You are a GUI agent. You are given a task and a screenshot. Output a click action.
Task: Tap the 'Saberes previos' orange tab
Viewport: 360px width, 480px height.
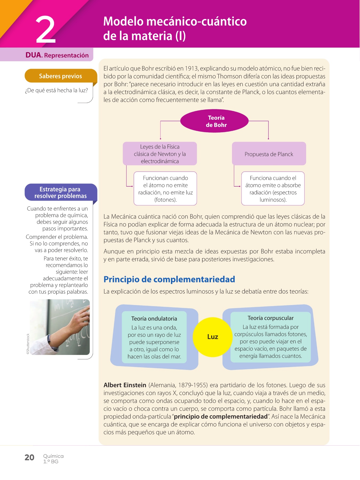pyautogui.click(x=61, y=76)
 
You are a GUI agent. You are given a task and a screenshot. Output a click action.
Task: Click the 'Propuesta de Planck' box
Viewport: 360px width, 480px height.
pyautogui.click(x=269, y=154)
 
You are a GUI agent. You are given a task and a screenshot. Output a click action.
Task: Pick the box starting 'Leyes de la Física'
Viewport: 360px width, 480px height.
pyautogui.click(x=160, y=154)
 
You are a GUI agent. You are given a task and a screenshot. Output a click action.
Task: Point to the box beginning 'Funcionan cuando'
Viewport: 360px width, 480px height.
pyautogui.click(x=165, y=189)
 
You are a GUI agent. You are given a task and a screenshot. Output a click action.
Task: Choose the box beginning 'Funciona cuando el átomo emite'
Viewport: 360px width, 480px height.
pyautogui.click(x=273, y=189)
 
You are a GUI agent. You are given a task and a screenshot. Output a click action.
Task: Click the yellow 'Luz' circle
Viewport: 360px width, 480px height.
pyautogui.click(x=213, y=337)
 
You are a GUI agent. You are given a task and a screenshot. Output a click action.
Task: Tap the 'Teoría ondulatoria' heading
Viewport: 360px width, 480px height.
pyautogui.click(x=154, y=318)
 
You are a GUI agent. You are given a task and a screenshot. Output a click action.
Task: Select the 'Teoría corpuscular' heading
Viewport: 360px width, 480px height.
pyautogui.click(x=270, y=318)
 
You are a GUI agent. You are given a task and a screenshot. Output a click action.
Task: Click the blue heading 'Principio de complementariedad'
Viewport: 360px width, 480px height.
pyautogui.click(x=169, y=279)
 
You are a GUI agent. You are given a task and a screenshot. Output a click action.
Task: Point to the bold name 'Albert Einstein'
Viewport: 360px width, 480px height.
pyautogui.click(x=125, y=385)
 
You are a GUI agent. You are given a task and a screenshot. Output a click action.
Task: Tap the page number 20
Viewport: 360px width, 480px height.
pyautogui.click(x=29, y=458)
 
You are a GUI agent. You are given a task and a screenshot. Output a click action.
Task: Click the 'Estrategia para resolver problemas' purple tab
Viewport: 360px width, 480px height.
pyautogui.click(x=61, y=192)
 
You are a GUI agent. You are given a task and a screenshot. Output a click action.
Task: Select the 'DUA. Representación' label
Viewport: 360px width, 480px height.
pyautogui.click(x=57, y=55)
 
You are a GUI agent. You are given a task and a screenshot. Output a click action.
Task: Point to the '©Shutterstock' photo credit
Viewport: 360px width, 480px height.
pyautogui.click(x=28, y=344)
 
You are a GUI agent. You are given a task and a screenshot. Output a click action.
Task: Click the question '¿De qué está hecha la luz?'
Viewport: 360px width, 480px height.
pyautogui.click(x=56, y=90)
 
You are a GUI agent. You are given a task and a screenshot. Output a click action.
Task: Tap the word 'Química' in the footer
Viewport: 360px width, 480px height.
pyautogui.click(x=53, y=456)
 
